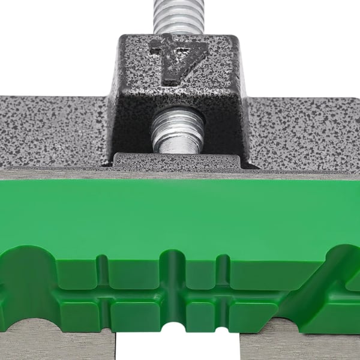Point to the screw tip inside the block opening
point(178,131)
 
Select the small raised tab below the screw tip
point(177,160)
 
